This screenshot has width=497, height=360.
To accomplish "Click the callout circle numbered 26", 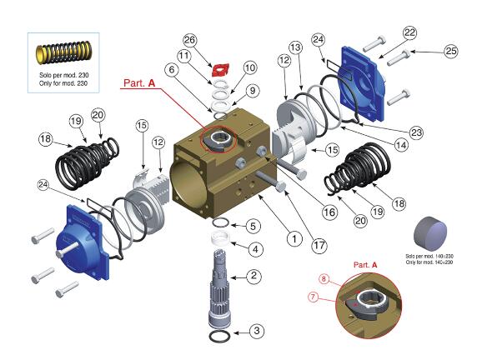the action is tap(189, 40).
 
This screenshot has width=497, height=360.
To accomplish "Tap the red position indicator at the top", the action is tap(220, 70).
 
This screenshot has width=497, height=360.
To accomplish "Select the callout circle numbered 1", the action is tap(294, 238).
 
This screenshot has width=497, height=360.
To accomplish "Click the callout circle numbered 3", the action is tap(257, 331).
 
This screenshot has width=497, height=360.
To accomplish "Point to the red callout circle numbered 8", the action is tap(324, 278).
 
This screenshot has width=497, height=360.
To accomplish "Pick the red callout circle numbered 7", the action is tap(313, 297).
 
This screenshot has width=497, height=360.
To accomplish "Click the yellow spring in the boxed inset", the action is tap(63, 52).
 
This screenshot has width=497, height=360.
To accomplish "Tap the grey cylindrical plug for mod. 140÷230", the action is tap(430, 234).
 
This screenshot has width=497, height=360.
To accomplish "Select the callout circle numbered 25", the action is tap(451, 52).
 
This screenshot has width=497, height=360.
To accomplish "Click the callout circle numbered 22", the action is tap(409, 32).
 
